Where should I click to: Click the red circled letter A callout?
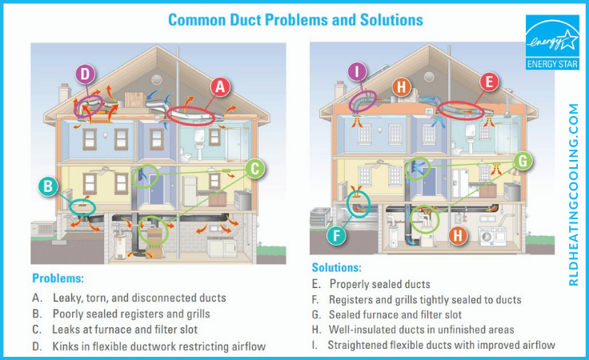click(220, 87)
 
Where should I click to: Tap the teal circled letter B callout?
click(48, 186)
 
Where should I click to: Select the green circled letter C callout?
click(254, 169)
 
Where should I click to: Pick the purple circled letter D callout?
click(86, 74)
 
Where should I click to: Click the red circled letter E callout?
click(489, 82)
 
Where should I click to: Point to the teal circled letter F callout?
click(336, 236)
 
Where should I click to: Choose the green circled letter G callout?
click(523, 161)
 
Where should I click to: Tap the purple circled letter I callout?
click(357, 71)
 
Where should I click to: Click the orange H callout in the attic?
click(402, 87)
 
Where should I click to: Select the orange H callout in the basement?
click(458, 235)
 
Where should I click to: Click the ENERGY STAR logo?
click(552, 42)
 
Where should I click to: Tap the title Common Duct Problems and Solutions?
click(295, 20)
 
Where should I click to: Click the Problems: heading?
click(58, 278)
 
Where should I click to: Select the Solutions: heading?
click(337, 267)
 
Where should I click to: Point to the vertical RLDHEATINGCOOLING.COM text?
click(573, 194)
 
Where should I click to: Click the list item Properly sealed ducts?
click(371, 284)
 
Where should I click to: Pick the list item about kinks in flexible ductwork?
click(149, 346)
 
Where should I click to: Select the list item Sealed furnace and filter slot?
click(387, 314)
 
